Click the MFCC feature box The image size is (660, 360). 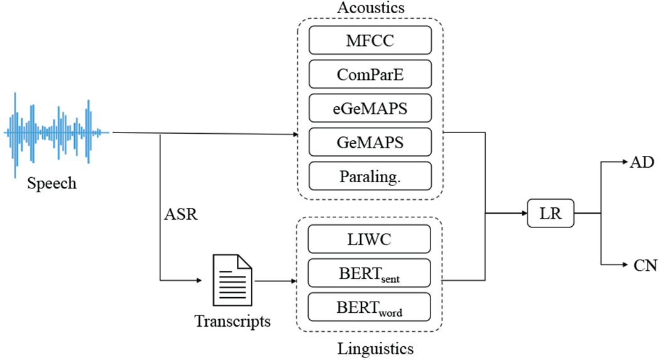pos(370,40)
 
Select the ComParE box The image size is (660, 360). pos(370,74)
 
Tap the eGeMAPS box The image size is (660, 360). pos(370,107)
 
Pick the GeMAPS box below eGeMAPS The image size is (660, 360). pos(370,141)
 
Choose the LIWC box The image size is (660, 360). pos(370,239)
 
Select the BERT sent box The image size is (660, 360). pos(370,273)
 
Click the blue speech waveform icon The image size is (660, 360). pos(57,133)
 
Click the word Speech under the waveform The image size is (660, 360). pos(52,183)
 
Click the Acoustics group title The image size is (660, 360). pos(370,8)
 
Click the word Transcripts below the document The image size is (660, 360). pos(233,321)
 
